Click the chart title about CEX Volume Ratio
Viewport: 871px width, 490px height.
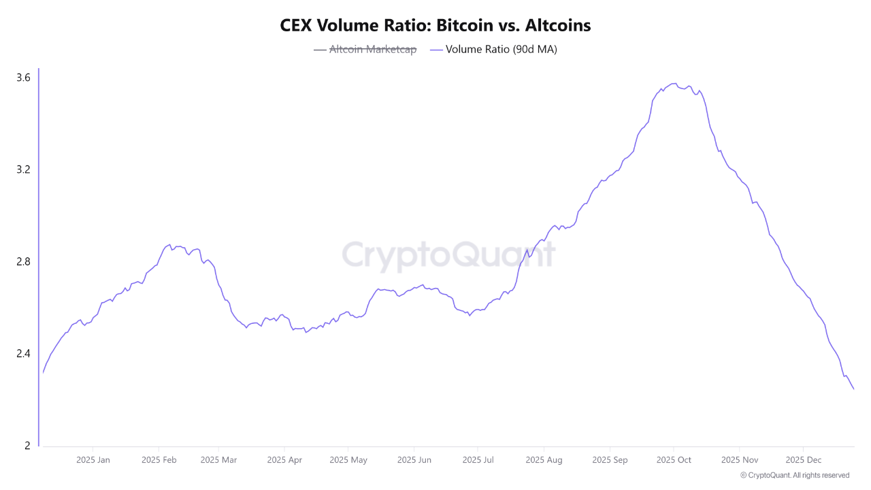(x=435, y=26)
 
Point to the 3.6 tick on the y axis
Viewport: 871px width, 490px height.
(x=23, y=78)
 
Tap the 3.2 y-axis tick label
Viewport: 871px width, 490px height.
(x=23, y=169)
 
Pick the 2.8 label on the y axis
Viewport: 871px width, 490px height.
(x=23, y=262)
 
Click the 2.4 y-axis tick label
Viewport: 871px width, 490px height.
(x=23, y=354)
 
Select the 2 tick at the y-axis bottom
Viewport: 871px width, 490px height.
(x=27, y=446)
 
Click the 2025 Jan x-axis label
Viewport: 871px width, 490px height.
(x=94, y=460)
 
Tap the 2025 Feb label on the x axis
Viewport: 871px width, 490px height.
(x=159, y=460)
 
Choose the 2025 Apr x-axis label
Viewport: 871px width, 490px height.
(x=284, y=460)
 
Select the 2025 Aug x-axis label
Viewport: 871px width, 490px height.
(x=544, y=460)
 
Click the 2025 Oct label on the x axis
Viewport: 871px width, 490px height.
(x=674, y=460)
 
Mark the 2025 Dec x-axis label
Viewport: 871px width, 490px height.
(x=803, y=460)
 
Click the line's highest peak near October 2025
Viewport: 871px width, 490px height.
(x=674, y=84)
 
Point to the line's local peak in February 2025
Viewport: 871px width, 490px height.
(x=168, y=244)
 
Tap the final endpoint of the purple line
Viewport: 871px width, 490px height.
(x=853, y=389)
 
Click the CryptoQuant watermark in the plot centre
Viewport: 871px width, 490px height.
(x=448, y=255)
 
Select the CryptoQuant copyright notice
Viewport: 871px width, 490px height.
(x=794, y=475)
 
